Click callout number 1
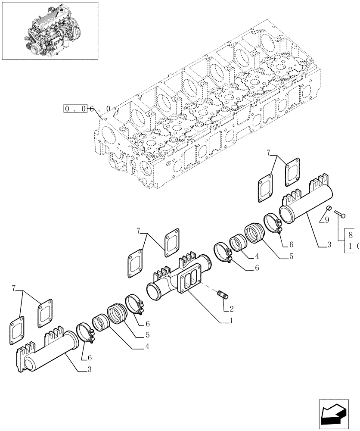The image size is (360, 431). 231,321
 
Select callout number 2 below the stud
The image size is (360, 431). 231,309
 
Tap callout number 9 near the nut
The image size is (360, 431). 327,220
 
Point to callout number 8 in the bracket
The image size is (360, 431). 351,235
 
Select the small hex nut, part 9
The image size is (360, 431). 328,209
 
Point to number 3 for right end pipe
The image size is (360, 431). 329,245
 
